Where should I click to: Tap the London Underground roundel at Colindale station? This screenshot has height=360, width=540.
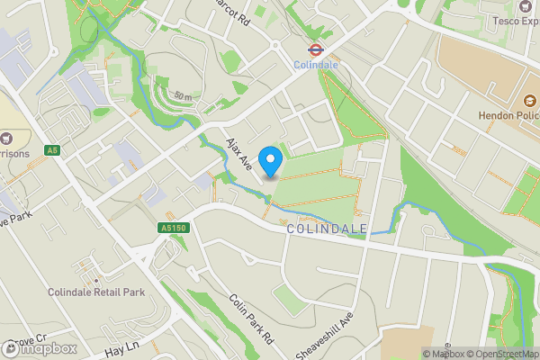click(316, 50)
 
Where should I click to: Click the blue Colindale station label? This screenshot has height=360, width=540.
click(316, 65)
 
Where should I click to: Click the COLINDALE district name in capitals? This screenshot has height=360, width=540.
click(327, 229)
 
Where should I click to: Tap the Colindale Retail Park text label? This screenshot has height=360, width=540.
click(97, 292)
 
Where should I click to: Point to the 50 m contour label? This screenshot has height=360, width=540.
click(184, 94)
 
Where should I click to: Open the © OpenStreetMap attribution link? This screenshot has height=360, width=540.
click(498, 354)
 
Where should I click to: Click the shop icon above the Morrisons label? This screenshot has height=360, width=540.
click(7, 139)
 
